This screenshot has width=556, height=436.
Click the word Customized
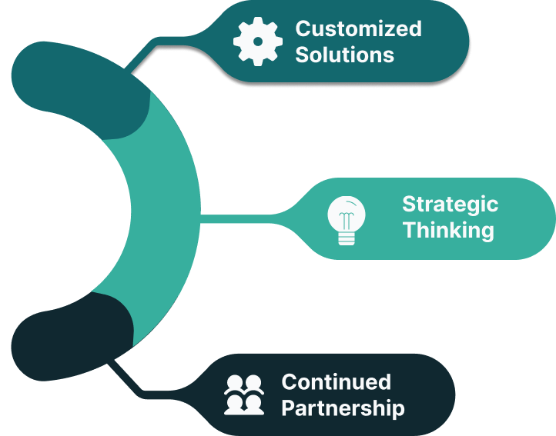coord(359,29)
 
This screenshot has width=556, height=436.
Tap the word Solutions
coord(345,55)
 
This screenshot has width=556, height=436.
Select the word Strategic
coord(450,205)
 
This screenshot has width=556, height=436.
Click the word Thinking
coord(448,230)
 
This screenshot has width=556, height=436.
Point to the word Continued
coord(337,382)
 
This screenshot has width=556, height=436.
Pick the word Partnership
coord(343,408)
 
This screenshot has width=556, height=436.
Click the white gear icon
coord(258,42)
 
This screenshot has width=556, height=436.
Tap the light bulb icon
coord(347,220)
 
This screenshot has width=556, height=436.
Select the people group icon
coord(244,394)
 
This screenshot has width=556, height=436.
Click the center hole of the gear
coord(258,42)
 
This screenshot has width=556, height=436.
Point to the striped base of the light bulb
coord(347,238)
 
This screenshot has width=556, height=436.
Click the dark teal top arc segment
coord(77,85)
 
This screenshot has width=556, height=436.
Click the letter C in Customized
coord(303,29)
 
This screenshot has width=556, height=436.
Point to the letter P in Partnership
coord(288,408)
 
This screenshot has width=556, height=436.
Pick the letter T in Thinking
coord(410,230)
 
